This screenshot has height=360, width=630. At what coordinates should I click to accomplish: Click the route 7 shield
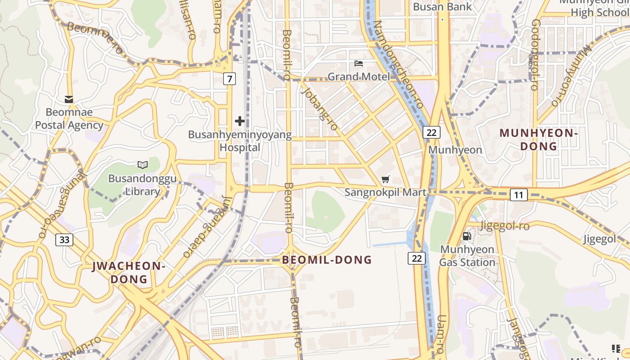229,79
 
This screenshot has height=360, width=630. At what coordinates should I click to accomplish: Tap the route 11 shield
518,195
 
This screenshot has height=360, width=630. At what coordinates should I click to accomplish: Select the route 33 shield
64,239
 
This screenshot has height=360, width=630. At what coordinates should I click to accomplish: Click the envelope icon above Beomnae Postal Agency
69,99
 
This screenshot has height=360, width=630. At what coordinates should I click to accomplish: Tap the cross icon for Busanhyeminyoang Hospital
240,121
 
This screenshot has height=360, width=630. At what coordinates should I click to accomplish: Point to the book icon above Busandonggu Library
142,165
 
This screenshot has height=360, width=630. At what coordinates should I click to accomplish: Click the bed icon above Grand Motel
359,63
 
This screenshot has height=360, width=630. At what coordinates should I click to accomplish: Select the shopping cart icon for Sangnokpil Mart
385,180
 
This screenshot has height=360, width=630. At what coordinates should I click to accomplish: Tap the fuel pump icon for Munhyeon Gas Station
467,236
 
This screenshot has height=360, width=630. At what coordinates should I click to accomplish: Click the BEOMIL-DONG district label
327,260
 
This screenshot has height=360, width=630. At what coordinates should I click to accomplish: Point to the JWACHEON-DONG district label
129,272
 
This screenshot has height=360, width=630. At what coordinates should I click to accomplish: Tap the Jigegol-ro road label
505,225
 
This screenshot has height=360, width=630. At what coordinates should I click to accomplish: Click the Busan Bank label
442,7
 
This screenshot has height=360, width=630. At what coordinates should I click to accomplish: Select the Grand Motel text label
358,76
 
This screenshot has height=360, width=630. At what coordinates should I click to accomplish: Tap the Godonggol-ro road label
535,54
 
